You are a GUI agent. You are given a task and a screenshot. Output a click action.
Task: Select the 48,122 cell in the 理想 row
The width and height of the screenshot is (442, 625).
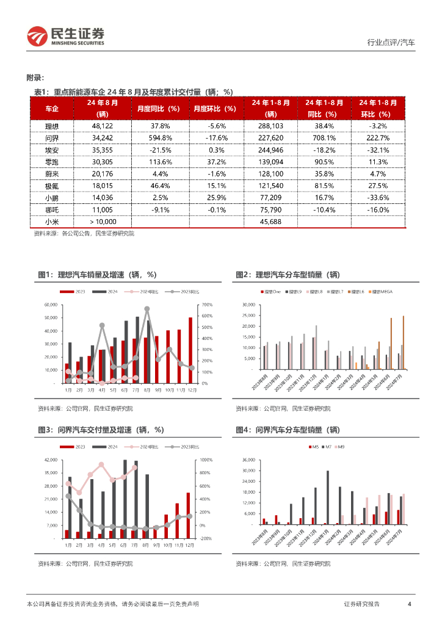click(x=104, y=125)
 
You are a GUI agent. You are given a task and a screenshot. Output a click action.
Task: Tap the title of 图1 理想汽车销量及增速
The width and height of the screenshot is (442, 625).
click(x=97, y=276)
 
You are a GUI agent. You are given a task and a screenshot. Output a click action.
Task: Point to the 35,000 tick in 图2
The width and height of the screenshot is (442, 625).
click(x=248, y=305)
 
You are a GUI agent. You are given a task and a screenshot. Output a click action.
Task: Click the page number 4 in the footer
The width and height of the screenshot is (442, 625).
click(x=409, y=604)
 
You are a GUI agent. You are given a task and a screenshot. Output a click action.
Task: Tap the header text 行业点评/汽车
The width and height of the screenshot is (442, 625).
click(x=391, y=43)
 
